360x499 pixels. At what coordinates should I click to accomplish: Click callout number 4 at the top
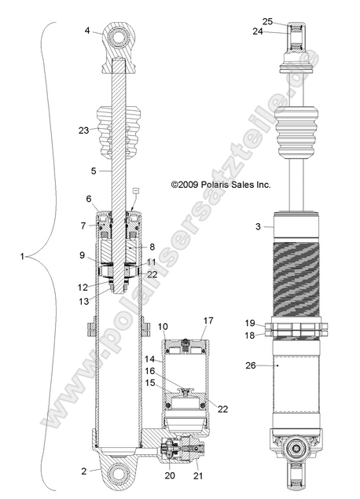(x=88, y=31)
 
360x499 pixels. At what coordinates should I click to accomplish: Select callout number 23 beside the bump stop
(x=85, y=132)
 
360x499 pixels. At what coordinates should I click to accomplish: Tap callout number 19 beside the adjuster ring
(x=250, y=323)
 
